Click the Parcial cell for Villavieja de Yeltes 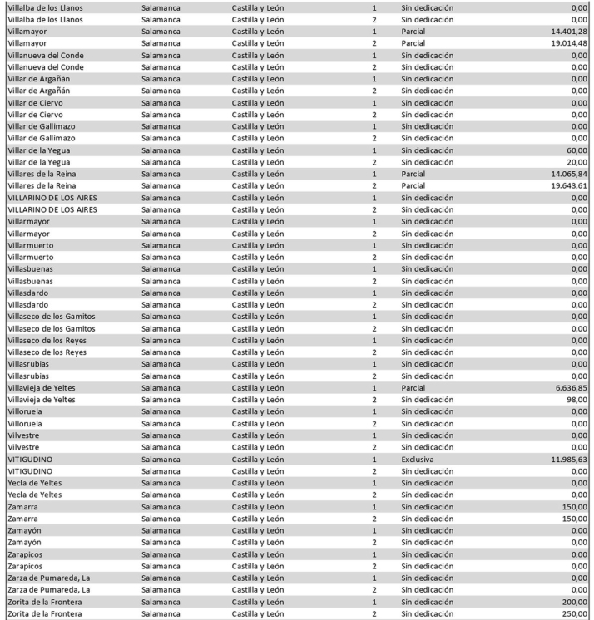tap(413, 386)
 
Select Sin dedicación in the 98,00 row tap(427, 399)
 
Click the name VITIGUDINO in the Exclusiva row tap(29, 458)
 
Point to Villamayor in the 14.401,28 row tap(27, 31)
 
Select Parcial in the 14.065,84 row tap(413, 174)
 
